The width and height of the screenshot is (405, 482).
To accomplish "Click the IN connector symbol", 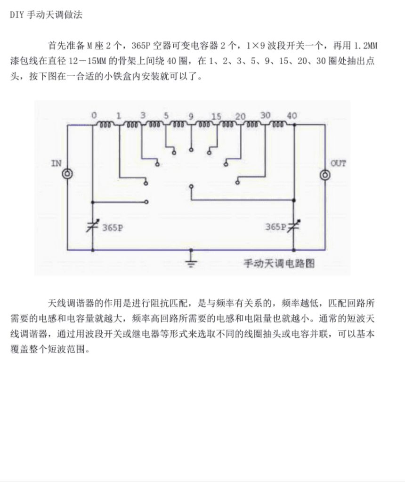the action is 67,174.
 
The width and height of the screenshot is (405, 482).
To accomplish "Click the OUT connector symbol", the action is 325,175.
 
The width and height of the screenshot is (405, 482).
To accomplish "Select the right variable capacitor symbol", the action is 294,226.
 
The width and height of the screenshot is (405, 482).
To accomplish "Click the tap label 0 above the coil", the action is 94,116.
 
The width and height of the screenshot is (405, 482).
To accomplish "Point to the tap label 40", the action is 292,116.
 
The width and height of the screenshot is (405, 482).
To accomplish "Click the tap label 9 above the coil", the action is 191,116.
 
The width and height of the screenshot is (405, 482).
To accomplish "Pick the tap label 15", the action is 216,116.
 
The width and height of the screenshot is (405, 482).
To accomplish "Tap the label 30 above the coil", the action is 266,115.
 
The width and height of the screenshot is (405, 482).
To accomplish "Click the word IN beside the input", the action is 56,163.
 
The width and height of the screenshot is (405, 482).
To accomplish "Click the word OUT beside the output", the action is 338,163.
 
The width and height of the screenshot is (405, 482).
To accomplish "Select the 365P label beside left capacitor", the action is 113,228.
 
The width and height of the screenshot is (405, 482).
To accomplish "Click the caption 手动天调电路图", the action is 279,264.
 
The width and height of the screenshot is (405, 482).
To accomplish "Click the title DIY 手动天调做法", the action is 46,15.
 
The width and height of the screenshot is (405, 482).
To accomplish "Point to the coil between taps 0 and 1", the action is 105,125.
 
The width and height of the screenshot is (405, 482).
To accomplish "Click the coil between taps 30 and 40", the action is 278,125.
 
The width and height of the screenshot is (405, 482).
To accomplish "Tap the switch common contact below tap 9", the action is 191,186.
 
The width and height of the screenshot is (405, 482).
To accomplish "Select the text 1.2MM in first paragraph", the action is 365,46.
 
